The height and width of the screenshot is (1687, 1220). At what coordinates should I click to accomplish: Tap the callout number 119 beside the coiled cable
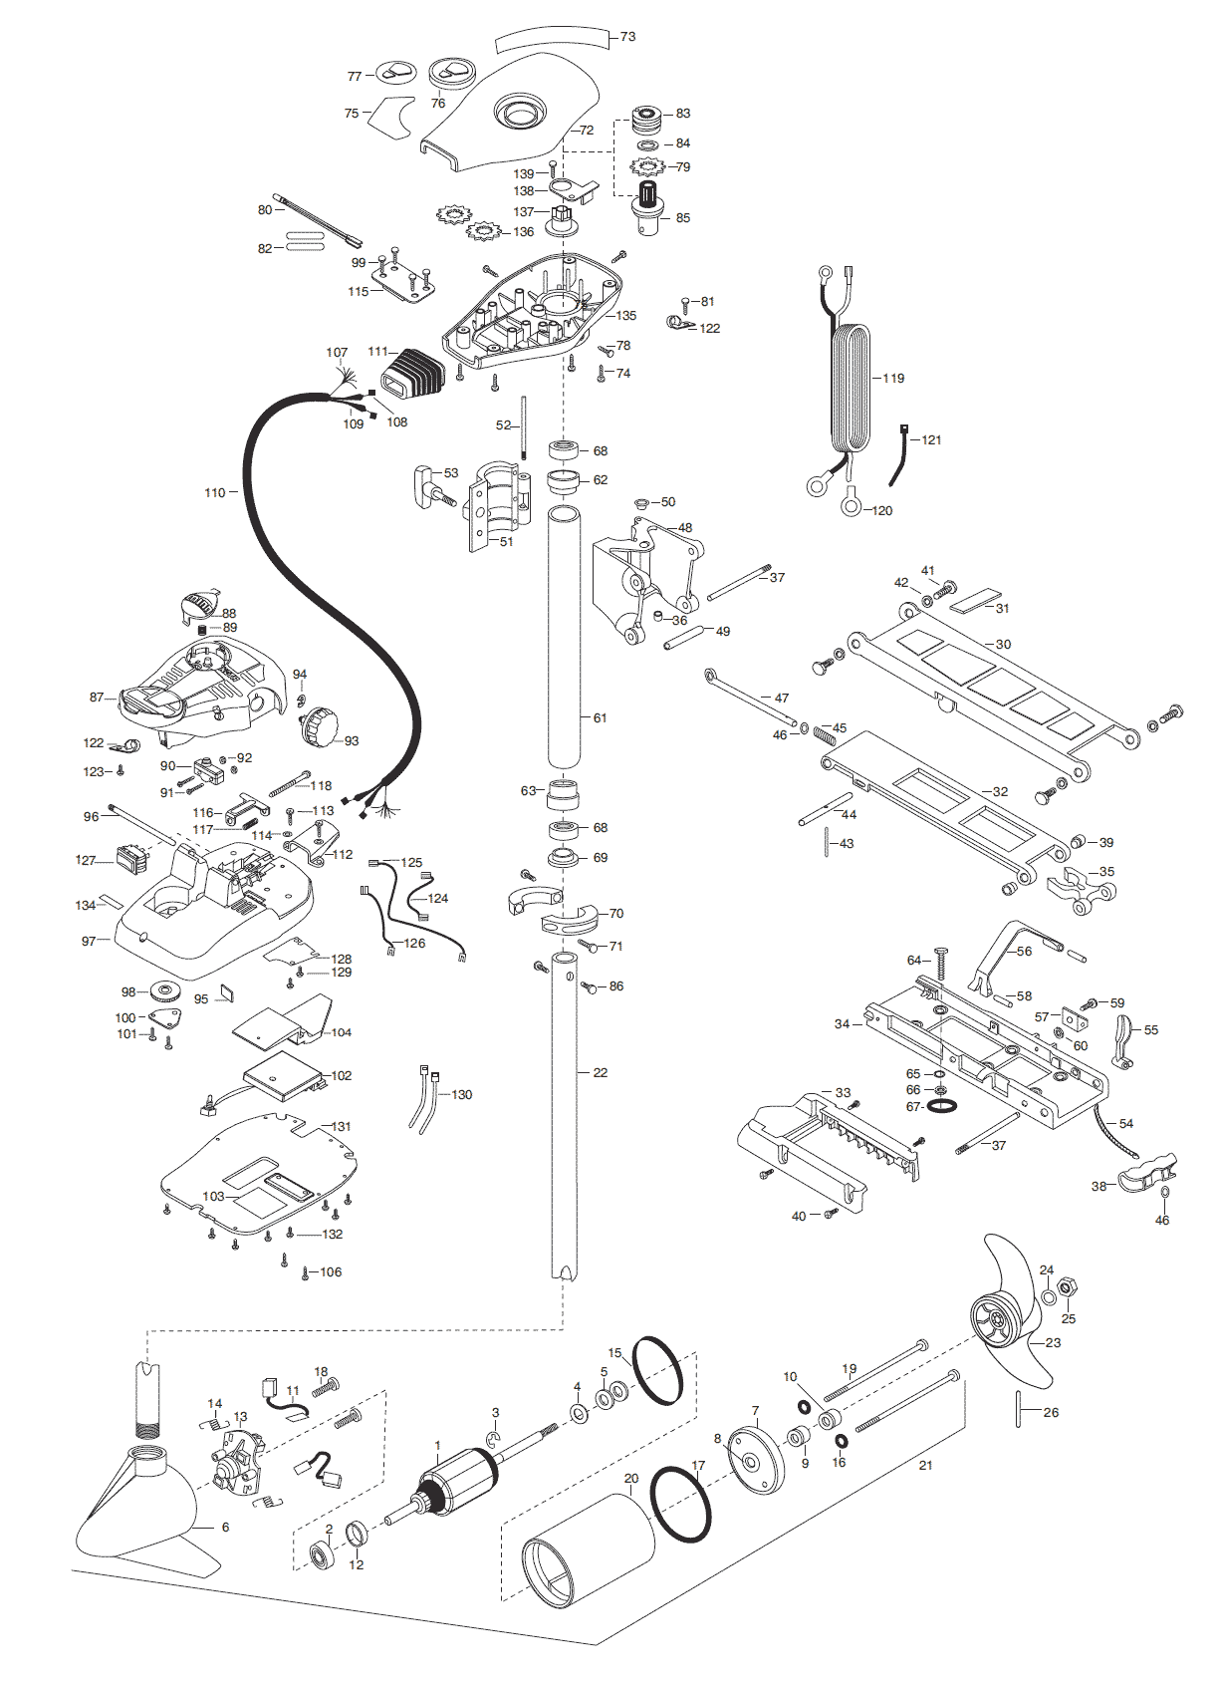pos(893,379)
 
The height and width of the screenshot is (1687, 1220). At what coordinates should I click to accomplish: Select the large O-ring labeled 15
pos(657,1370)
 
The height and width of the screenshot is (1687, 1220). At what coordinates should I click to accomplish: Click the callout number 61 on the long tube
pos(600,718)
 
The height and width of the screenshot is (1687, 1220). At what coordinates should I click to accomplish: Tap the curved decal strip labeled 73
pos(552,40)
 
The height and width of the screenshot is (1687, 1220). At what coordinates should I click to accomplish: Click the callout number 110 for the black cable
pos(214,493)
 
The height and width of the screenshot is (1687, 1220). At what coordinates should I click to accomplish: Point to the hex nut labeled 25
pos(1066,1287)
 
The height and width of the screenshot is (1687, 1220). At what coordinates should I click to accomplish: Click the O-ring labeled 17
pos(680,1504)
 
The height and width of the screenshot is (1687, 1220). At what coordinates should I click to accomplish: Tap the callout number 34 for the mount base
pos(843,1024)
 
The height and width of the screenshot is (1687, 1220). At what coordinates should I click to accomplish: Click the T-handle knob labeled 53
pos(426,484)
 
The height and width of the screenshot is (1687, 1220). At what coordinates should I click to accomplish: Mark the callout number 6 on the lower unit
pos(225,1528)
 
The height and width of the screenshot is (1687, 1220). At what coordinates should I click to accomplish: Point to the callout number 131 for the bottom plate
pos(342,1127)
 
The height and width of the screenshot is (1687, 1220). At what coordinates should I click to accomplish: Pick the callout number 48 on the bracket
pos(685,528)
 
